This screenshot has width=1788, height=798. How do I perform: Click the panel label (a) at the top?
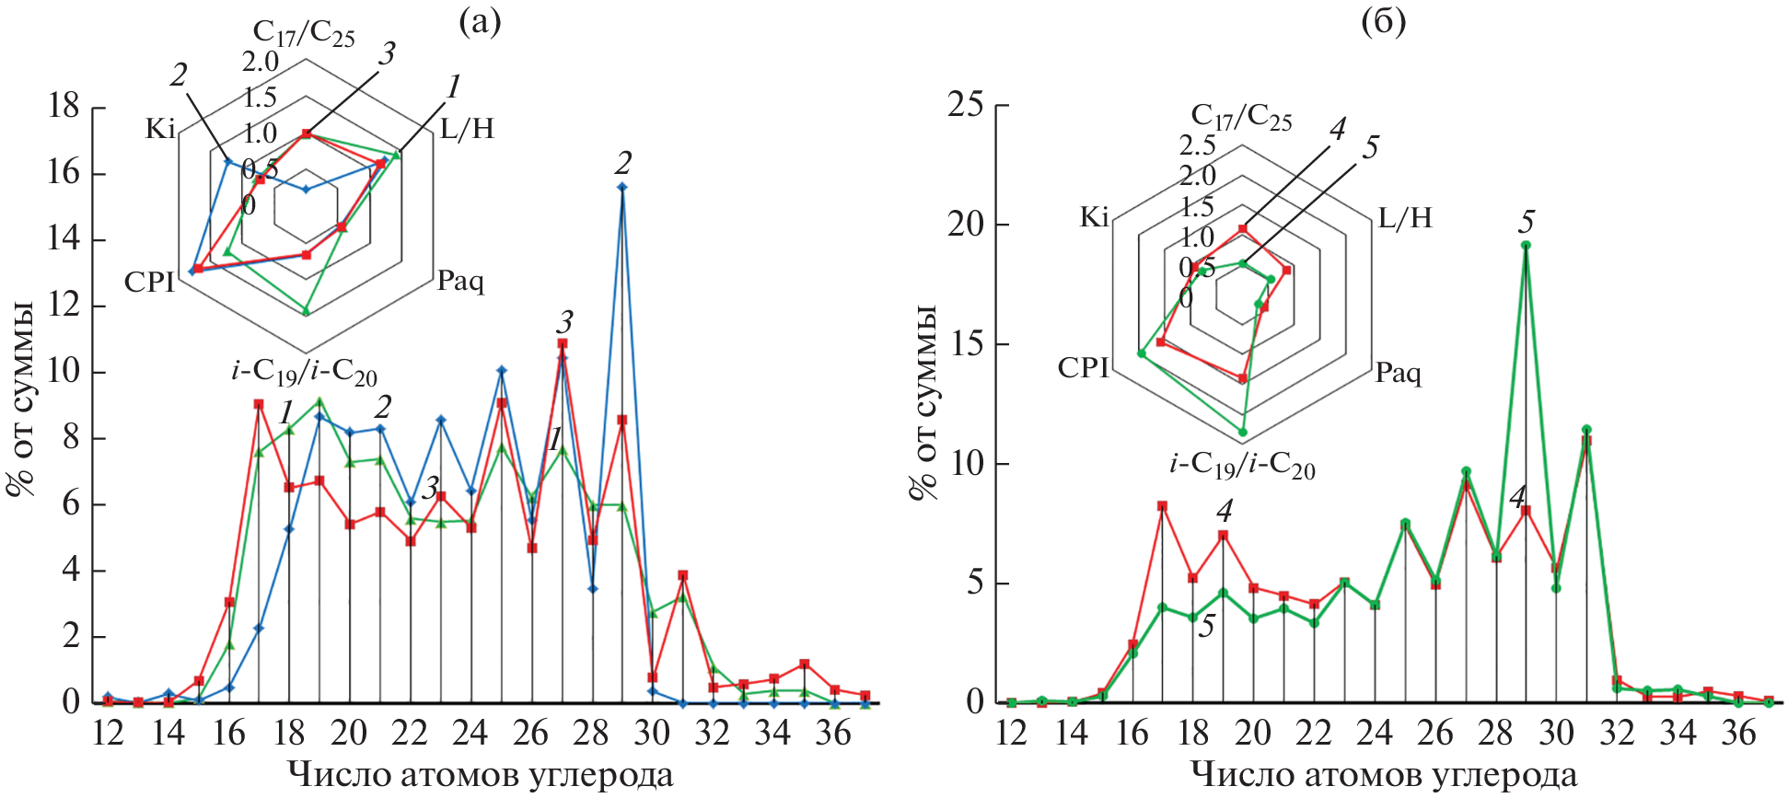(480, 22)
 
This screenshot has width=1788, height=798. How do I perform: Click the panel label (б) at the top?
(1383, 22)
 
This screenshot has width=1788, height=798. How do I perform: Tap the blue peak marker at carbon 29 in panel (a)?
(622, 187)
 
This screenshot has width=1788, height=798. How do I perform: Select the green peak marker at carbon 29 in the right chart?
(1526, 245)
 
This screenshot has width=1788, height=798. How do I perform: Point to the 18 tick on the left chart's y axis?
(64, 108)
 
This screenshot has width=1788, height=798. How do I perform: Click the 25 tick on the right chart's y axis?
(966, 106)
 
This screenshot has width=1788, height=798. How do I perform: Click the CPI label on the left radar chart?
(149, 282)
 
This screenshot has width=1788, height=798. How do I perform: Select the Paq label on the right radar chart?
(1398, 373)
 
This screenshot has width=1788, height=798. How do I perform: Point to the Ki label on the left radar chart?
(160, 129)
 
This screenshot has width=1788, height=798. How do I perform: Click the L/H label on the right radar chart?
(1405, 218)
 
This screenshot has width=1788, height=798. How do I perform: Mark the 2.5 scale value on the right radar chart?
(1197, 145)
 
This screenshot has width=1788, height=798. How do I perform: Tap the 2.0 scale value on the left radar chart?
(260, 62)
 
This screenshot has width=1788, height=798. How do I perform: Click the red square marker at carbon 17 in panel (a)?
(259, 404)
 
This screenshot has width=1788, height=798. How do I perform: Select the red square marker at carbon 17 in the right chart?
(1162, 506)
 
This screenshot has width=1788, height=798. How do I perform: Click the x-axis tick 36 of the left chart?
(833, 733)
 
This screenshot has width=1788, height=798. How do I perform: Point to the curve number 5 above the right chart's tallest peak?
(1527, 222)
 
